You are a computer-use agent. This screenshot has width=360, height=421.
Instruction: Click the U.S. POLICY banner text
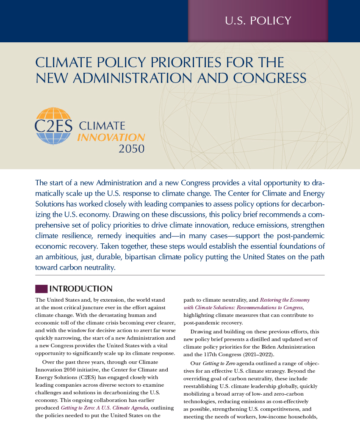pos(258,21)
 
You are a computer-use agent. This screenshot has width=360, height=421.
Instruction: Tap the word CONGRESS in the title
pos(269,78)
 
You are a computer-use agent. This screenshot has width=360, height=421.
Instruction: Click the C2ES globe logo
pos(53,126)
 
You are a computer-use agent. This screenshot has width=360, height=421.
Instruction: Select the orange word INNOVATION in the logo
pos(111,138)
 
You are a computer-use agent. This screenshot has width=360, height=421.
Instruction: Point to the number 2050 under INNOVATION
pos(131,149)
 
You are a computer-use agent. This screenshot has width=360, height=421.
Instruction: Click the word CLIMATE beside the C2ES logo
pos(102,126)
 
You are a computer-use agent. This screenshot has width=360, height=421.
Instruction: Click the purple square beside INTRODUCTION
pos(41,289)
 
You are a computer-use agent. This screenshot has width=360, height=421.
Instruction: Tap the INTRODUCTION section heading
pos(81,289)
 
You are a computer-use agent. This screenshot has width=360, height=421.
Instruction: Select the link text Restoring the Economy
pos(285,300)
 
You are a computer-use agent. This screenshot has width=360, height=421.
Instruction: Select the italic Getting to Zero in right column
pos(216,363)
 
